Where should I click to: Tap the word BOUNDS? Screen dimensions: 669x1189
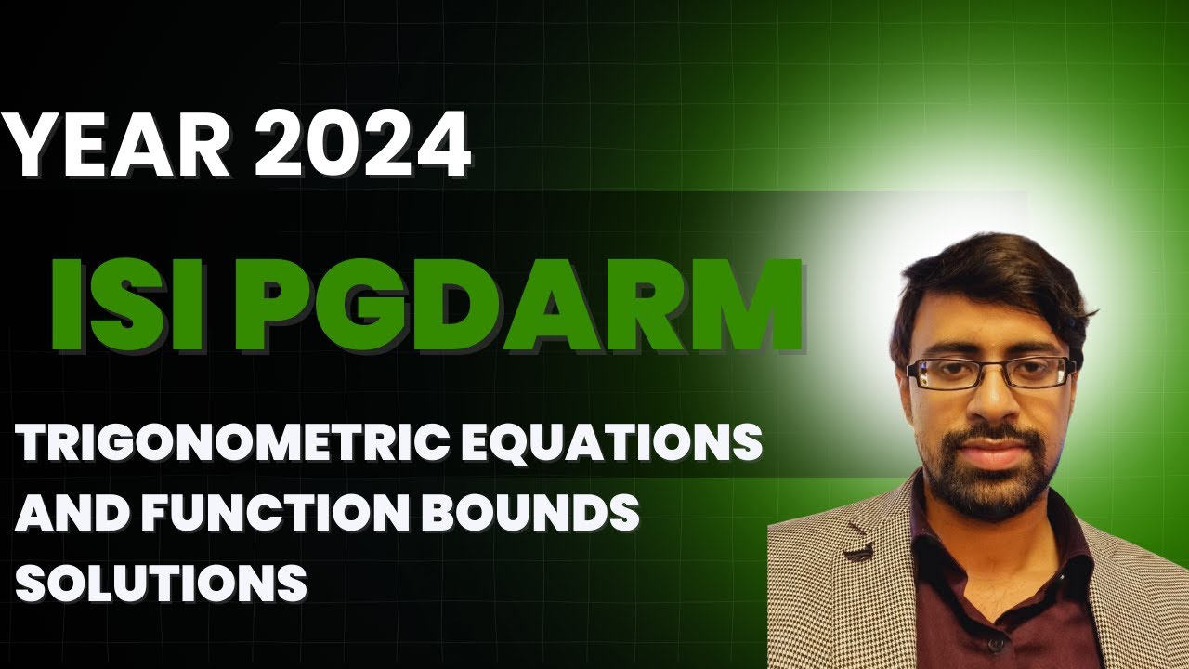[539, 514]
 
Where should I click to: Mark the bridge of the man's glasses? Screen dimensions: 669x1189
[988, 369]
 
